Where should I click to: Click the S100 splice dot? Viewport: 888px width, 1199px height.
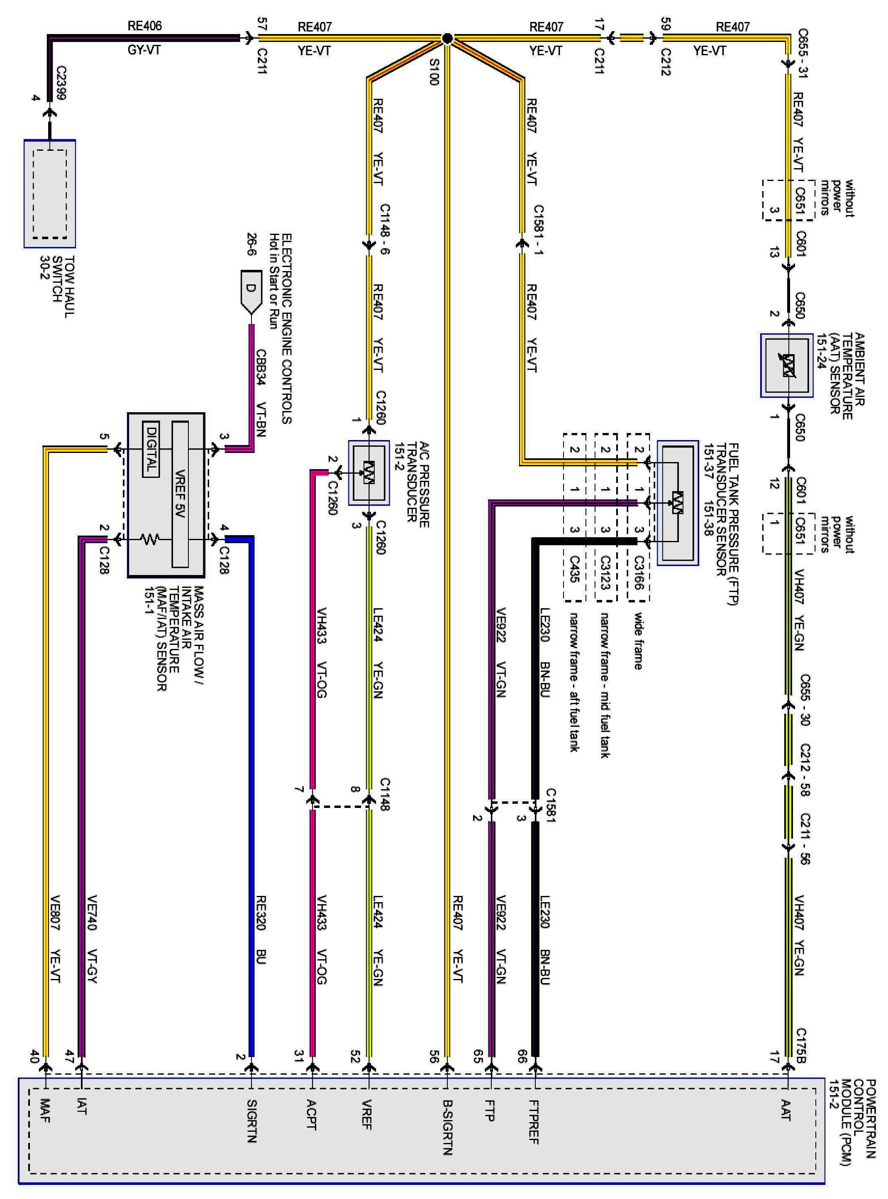447,38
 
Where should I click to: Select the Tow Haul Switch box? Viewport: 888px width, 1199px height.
49,193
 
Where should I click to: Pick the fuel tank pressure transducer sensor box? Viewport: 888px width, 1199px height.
677,502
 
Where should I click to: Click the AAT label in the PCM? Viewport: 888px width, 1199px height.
786,1110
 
